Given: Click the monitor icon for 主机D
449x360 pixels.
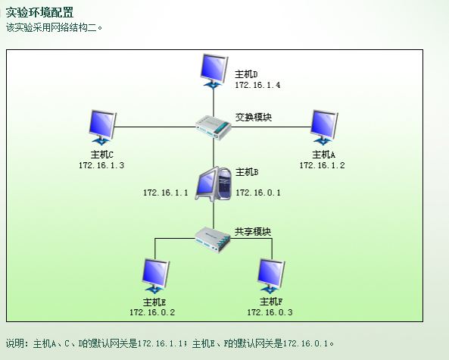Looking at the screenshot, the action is click(214, 70).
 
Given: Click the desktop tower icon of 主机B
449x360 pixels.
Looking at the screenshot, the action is click(214, 184).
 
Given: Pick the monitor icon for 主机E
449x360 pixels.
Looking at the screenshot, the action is click(155, 276).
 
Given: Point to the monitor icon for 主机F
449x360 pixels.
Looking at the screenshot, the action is click(270, 276).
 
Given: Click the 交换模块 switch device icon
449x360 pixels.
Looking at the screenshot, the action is click(214, 127).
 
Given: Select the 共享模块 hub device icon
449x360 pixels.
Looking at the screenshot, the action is click(213, 240).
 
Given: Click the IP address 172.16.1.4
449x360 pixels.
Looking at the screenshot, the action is click(257, 85).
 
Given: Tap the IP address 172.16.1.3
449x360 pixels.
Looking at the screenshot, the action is click(101, 165).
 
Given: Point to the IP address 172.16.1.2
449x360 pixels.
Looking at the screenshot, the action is click(322, 165).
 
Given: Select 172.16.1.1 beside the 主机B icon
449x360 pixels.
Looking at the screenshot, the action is click(166, 193).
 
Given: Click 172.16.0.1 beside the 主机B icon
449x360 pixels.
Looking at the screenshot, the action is click(258, 193).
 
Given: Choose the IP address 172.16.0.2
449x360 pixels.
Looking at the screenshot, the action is click(152, 312).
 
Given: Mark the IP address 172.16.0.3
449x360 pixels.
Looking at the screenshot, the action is click(270, 312).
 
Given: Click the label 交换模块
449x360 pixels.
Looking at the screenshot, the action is click(254, 117).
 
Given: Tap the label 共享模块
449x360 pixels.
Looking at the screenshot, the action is click(253, 231).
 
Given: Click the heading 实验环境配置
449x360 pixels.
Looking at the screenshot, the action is click(39, 12).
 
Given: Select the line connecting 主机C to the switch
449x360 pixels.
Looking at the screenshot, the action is click(155, 127).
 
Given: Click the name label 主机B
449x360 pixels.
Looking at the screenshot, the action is click(247, 172).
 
